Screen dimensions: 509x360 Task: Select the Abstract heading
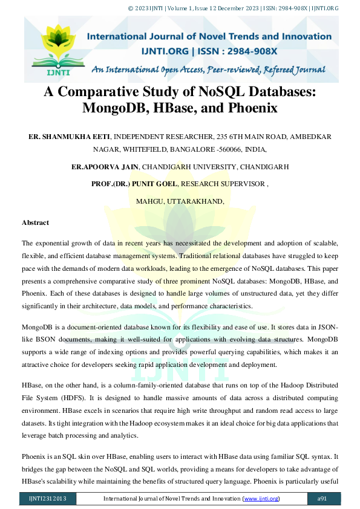click(35, 222)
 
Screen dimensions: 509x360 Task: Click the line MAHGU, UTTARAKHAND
click(180, 201)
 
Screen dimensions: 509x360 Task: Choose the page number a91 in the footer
click(322, 498)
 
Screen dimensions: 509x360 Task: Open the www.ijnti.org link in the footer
click(261, 498)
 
